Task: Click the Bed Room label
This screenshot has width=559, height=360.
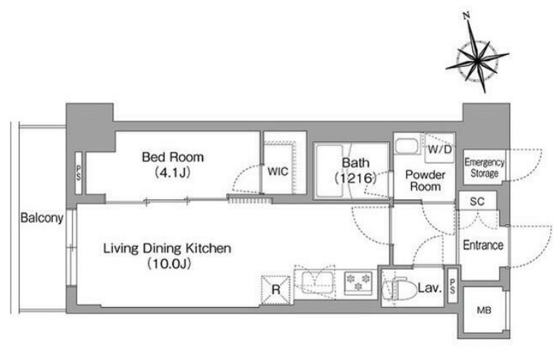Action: pyautogui.click(x=172, y=157)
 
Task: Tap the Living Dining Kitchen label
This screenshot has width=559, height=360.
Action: pyautogui.click(x=167, y=248)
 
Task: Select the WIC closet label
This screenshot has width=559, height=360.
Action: pyautogui.click(x=278, y=172)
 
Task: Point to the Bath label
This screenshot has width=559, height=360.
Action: pyautogui.click(x=355, y=163)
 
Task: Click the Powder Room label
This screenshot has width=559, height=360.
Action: pyautogui.click(x=425, y=181)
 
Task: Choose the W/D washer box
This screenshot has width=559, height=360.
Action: pyautogui.click(x=439, y=149)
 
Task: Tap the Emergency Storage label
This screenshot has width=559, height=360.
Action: pyautogui.click(x=484, y=167)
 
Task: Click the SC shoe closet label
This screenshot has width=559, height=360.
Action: pyautogui.click(x=477, y=202)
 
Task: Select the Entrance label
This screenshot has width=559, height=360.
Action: pyautogui.click(x=483, y=245)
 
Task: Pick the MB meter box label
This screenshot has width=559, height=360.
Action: pyautogui.click(x=484, y=310)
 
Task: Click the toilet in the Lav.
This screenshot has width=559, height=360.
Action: pyautogui.click(x=399, y=289)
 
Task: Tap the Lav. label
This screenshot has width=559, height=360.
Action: pyautogui.click(x=430, y=288)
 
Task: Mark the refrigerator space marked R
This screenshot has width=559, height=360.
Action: pyautogui.click(x=276, y=290)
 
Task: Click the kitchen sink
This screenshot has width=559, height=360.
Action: pyautogui.click(x=317, y=282)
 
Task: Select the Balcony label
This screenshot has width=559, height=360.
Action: pyautogui.click(x=42, y=218)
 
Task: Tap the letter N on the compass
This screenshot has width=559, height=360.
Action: pyautogui.click(x=466, y=16)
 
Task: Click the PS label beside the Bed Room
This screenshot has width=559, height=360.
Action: pyautogui.click(x=79, y=173)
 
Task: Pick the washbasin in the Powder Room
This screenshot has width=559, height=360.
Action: pyautogui.click(x=407, y=146)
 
